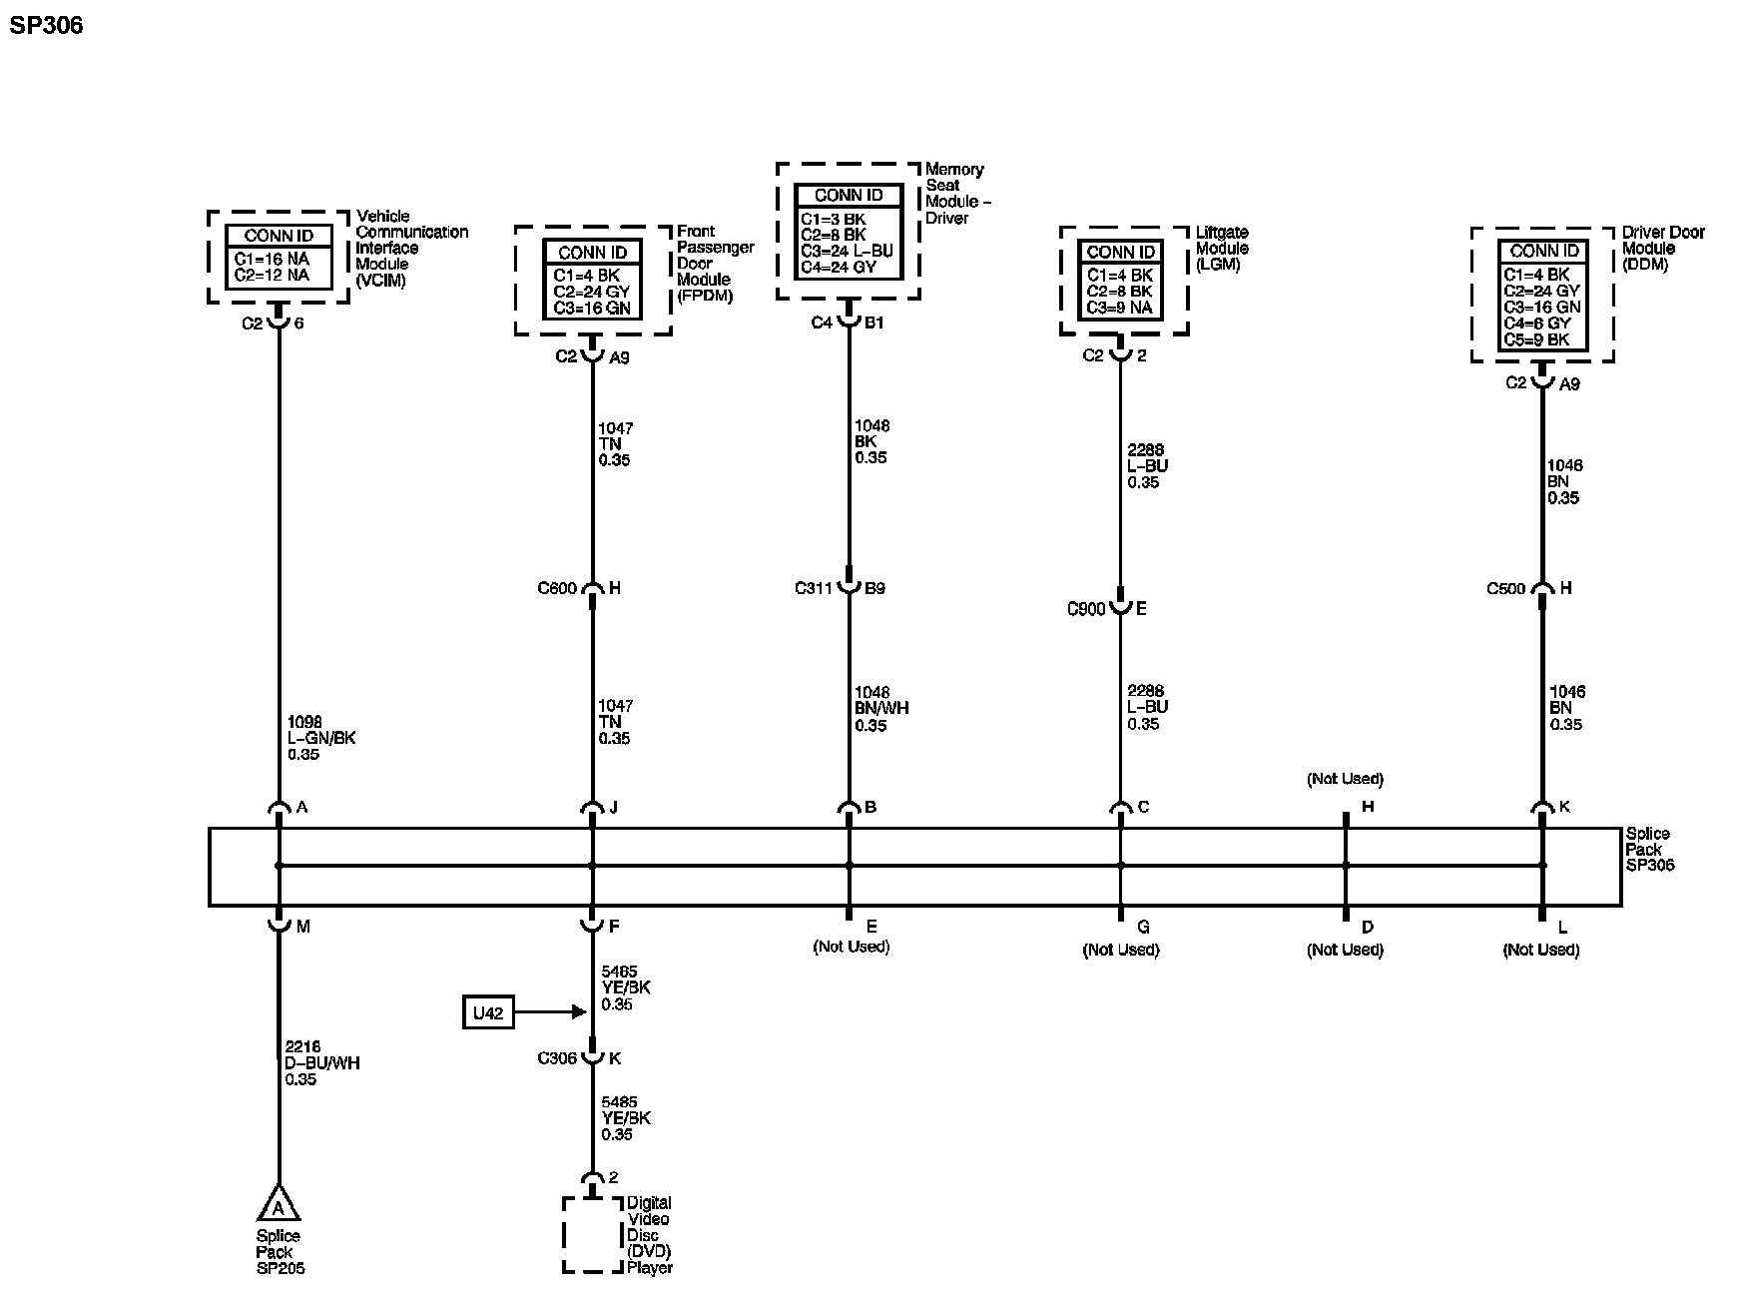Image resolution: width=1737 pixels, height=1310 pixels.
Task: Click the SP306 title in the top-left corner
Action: [x=46, y=25]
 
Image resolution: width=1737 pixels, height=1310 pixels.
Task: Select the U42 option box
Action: [x=488, y=1012]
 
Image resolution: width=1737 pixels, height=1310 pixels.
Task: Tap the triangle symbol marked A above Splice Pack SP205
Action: [x=279, y=1206]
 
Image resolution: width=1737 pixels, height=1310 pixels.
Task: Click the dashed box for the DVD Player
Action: [x=592, y=1235]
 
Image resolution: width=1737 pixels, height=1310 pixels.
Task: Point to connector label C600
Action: [x=557, y=588]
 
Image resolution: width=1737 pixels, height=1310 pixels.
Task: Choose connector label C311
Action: [x=814, y=588]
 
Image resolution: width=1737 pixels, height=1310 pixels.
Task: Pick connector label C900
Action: [x=1086, y=608]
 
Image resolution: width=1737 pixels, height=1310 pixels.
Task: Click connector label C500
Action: [x=1506, y=588]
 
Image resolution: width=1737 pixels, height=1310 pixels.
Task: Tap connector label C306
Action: [x=557, y=1058]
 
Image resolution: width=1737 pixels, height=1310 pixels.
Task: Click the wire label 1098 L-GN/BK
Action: [x=320, y=738]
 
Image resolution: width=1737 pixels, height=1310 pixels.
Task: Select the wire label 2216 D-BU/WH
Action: [x=321, y=1063]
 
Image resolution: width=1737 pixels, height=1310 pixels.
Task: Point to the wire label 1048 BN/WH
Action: [x=881, y=709]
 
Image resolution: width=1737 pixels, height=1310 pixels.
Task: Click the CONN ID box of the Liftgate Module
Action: [x=1120, y=280]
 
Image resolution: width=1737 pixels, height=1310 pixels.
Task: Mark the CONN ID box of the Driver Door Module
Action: [x=1542, y=295]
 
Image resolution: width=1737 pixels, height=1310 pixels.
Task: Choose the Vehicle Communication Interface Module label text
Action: [x=411, y=248]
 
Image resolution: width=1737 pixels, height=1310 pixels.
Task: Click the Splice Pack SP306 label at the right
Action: [x=1649, y=849]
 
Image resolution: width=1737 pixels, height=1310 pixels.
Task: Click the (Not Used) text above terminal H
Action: [x=1345, y=779]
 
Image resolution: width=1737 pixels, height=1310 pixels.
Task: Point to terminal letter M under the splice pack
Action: [x=303, y=927]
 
